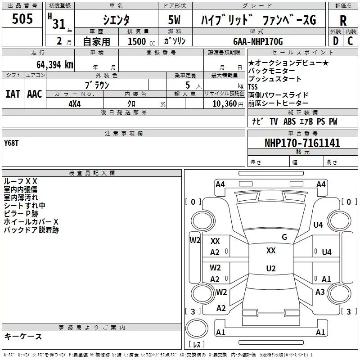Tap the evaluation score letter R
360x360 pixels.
(x=343, y=20)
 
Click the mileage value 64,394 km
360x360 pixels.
(x=51, y=64)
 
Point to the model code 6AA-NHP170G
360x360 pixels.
(x=258, y=41)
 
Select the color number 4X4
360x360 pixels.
(x=74, y=103)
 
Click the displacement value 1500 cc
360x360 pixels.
(x=140, y=41)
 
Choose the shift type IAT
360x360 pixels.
(x=13, y=94)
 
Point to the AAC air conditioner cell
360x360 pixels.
(x=34, y=94)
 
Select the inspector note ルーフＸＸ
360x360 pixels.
(x=20, y=181)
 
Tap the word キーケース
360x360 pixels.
(x=23, y=336)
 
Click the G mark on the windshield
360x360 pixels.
(x=284, y=237)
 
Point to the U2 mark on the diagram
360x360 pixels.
(x=270, y=269)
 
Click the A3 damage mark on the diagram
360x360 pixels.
(x=320, y=292)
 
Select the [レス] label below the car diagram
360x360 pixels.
(x=197, y=345)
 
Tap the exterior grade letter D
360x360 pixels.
(x=335, y=41)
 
